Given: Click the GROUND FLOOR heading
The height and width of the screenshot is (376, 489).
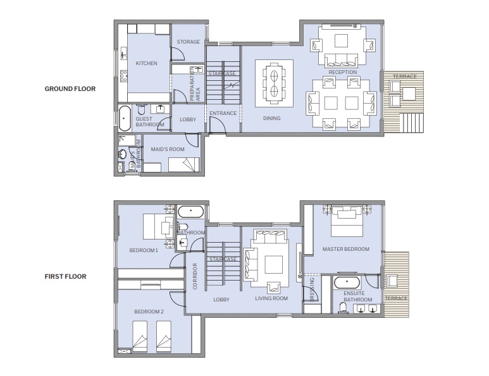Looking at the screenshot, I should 70,89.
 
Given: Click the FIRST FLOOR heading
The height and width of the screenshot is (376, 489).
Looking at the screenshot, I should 66,276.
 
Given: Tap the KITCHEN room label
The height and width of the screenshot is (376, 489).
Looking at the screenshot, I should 147,63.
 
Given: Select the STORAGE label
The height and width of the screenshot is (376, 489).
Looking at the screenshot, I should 188,42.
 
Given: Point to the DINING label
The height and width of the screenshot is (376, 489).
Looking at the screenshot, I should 272,118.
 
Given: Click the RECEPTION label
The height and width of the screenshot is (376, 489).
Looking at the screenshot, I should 342,72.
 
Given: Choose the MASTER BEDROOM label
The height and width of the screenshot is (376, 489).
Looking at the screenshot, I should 345,249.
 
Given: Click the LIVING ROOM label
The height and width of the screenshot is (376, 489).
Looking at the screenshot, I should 271,299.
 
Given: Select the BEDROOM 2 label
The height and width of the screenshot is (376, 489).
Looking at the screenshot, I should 149,312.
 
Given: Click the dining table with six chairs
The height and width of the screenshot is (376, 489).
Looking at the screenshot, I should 275,83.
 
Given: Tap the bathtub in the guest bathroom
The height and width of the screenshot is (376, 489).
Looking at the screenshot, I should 125,118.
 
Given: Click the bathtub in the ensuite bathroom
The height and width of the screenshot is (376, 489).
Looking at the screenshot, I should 347,282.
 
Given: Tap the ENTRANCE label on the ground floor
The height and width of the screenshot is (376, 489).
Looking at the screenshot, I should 223,114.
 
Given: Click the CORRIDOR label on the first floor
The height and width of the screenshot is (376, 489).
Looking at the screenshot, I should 194,276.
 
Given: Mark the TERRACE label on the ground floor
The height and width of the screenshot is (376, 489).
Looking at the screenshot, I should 405,76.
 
